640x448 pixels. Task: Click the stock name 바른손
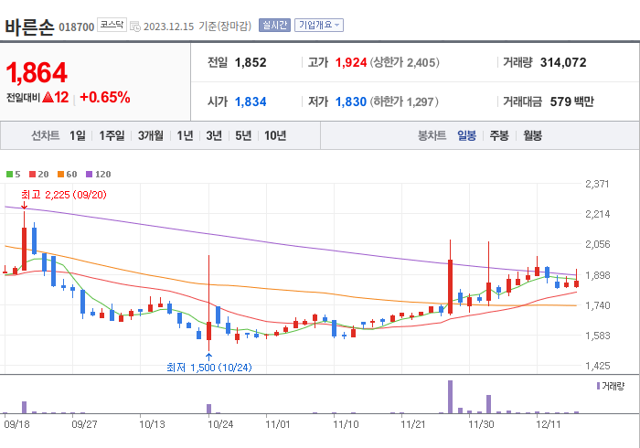click(28, 26)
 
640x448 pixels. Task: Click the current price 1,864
click(37, 72)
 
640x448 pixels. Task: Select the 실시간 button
click(274, 25)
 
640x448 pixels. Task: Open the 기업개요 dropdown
click(318, 25)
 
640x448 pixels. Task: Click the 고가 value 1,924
click(350, 62)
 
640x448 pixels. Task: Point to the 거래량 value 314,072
click(557, 62)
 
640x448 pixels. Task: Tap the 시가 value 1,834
click(251, 101)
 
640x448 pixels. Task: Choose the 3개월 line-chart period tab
click(151, 135)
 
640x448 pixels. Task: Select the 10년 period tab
click(274, 135)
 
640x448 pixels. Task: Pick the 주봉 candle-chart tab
click(498, 135)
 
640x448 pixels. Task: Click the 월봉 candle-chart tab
click(532, 135)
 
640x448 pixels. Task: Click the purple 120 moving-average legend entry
click(98, 174)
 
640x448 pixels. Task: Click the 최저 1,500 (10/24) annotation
click(208, 368)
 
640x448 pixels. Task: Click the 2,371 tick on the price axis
click(596, 185)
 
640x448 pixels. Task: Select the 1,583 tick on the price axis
click(596, 336)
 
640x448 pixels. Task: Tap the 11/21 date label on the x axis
click(413, 424)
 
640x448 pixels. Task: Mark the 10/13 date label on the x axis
click(152, 424)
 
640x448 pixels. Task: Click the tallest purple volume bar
click(450, 396)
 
